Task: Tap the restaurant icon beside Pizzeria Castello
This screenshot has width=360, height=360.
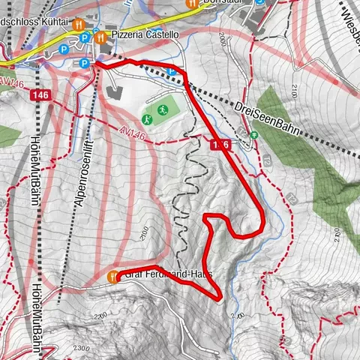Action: [99, 34]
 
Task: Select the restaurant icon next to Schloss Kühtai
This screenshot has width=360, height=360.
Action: [77, 23]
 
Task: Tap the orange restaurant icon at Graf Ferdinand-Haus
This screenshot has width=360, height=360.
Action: [113, 277]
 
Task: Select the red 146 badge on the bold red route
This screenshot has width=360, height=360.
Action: [220, 144]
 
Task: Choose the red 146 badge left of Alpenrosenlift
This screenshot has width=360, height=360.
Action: [40, 96]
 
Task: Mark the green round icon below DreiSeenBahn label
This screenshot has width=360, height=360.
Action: [253, 135]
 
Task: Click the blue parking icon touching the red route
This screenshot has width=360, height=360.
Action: [174, 72]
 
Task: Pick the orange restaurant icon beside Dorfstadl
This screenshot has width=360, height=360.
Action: [189, 2]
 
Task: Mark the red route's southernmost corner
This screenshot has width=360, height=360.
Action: [217, 299]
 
